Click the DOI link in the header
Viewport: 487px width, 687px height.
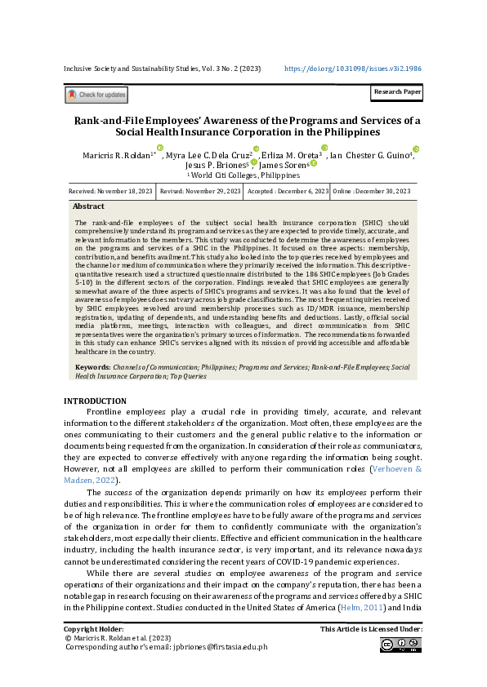click(353, 69)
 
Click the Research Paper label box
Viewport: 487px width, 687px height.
click(397, 93)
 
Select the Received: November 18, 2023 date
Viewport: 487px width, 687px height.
click(111, 191)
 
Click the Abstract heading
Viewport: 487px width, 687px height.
click(89, 207)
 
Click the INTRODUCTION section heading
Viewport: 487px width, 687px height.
click(95, 401)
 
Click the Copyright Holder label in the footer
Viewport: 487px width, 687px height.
click(94, 630)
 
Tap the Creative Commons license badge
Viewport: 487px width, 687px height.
click(400, 645)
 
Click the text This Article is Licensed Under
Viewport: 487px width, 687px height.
click(371, 630)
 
